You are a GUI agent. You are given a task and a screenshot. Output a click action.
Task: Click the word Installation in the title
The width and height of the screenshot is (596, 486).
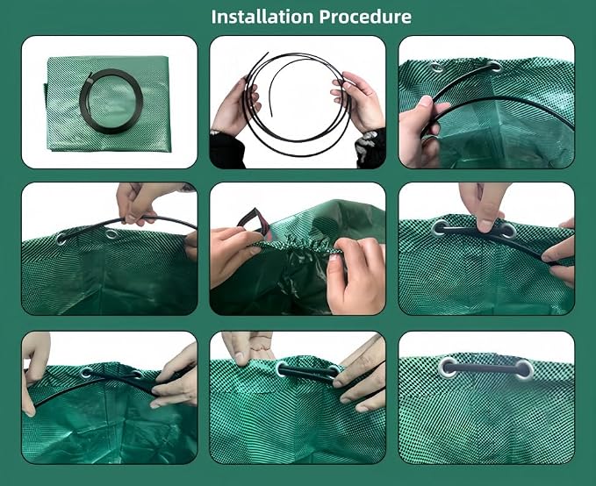tap(262, 17)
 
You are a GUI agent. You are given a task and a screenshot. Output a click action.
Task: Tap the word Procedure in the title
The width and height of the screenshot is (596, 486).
tap(365, 17)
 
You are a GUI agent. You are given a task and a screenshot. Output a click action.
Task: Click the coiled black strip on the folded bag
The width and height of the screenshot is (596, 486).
tap(111, 102)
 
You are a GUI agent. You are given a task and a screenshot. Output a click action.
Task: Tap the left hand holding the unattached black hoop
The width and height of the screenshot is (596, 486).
tap(233, 105)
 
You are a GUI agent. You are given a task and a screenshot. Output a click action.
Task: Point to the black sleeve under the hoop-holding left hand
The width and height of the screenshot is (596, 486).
tap(227, 151)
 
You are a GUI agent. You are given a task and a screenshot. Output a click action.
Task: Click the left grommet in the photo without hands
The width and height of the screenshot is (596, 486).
tap(449, 367)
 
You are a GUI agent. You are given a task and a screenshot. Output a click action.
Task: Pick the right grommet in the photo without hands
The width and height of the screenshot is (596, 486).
tap(524, 369)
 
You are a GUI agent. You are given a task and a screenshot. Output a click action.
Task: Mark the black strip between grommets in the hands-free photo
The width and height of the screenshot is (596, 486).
tap(486, 368)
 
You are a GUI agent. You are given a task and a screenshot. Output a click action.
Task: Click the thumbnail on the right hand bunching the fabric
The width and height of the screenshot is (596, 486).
tap(334, 258)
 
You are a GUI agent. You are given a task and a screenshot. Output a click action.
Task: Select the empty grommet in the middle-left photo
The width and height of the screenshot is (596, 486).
tap(111, 233)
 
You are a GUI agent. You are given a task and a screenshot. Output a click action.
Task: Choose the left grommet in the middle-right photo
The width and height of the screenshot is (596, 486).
tap(440, 229)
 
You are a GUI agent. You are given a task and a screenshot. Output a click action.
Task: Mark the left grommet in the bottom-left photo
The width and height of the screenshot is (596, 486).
tap(86, 373)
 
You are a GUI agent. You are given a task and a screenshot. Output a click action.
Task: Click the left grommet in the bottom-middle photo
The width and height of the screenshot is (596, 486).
tap(283, 368)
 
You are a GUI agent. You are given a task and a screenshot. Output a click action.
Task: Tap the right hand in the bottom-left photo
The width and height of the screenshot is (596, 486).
tap(176, 375)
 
